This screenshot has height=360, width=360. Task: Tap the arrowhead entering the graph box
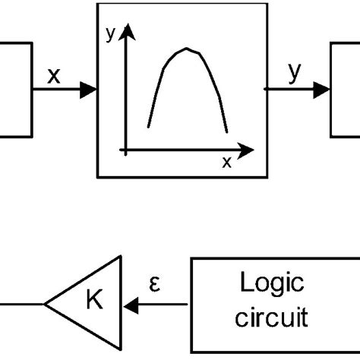90,90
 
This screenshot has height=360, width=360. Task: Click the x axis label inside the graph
226,162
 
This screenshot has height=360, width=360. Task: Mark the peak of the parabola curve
187,50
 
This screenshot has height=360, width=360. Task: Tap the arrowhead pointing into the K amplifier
131,305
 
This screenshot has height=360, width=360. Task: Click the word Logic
271,285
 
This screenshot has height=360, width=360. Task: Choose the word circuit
271,315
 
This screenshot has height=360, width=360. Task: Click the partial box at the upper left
15,90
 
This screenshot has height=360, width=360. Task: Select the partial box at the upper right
346,90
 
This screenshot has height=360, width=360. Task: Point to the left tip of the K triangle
46,305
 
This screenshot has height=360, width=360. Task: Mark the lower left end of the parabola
148,127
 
